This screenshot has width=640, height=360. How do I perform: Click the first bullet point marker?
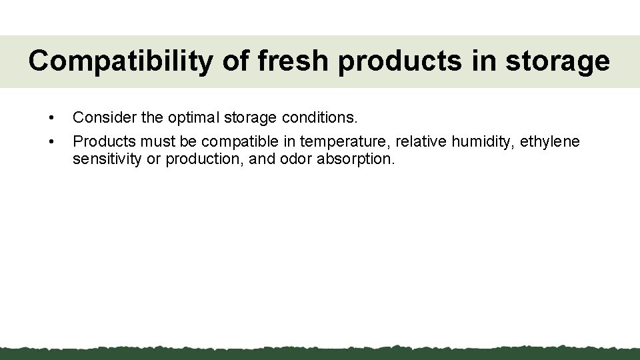click(x=51, y=119)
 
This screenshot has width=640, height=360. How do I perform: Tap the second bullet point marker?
click(x=51, y=142)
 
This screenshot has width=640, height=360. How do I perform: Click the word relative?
click(x=421, y=141)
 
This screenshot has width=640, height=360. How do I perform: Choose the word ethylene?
click(x=550, y=141)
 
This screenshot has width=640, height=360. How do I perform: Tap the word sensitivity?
click(x=107, y=160)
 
